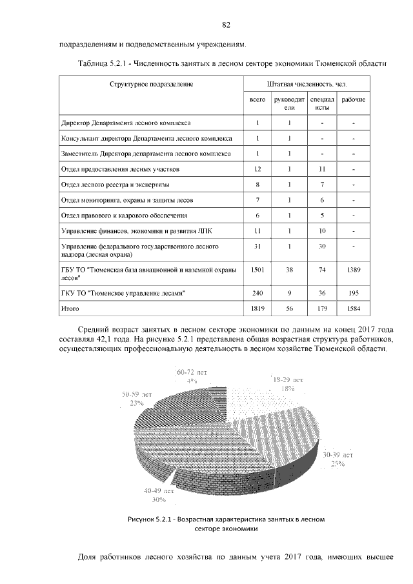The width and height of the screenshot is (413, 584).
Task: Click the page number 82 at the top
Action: [x=226, y=25]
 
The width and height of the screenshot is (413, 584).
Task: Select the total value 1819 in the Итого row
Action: [x=257, y=309]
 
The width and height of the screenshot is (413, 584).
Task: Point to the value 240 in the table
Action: [x=257, y=293]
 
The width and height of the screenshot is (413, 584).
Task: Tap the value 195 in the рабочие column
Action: [x=353, y=293]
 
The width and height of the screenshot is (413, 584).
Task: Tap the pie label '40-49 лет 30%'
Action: [x=159, y=494]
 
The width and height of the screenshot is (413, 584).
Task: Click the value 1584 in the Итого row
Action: [x=353, y=309]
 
